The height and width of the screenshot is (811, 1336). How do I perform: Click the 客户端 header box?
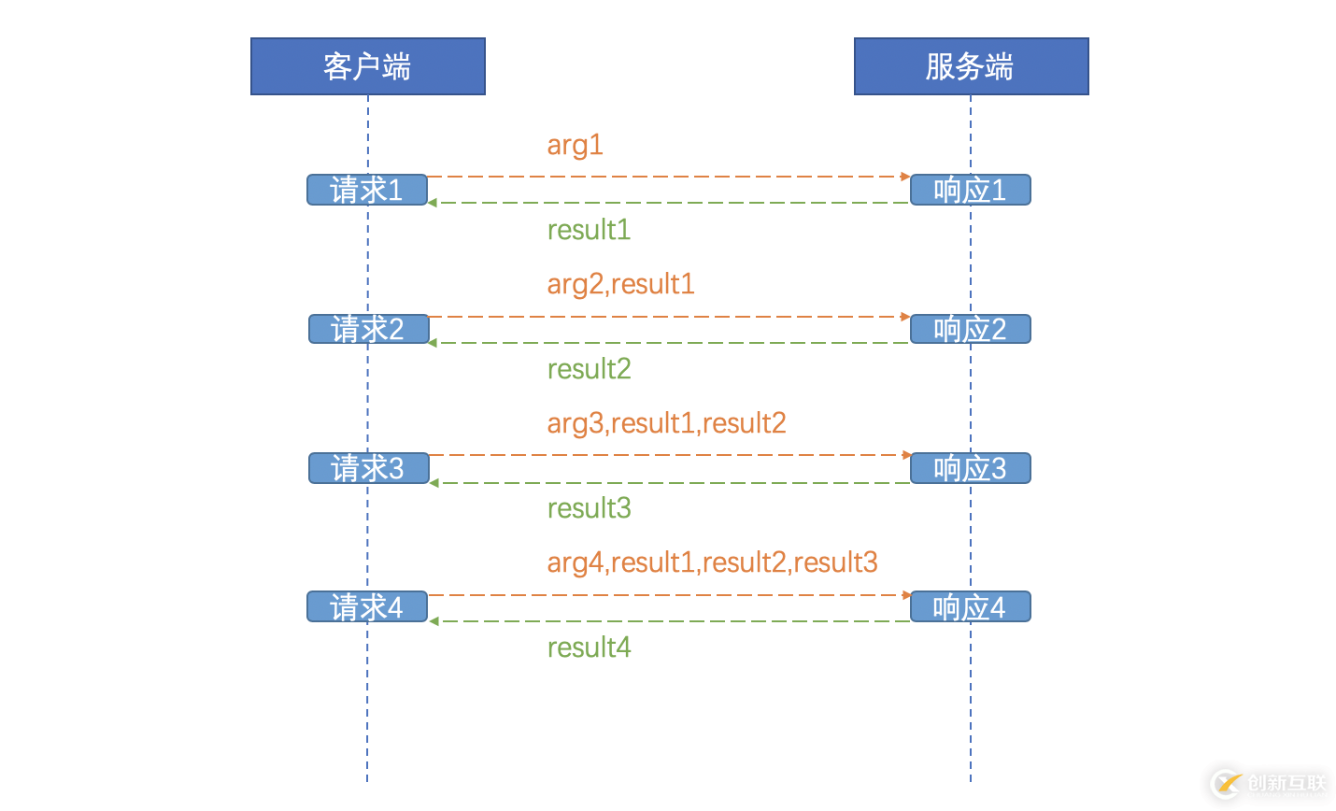click(367, 66)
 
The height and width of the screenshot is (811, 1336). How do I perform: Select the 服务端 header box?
click(971, 66)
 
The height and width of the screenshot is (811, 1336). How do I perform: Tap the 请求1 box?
click(367, 190)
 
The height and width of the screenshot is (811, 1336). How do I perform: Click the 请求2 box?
click(368, 329)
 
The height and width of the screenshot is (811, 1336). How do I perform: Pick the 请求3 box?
click(368, 468)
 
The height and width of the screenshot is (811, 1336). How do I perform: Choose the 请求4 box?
click(367, 607)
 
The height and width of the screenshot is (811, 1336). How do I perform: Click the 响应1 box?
click(971, 190)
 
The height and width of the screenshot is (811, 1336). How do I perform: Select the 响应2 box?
click(971, 329)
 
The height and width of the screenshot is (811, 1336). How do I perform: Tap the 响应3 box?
click(971, 468)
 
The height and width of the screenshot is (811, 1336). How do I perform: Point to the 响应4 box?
click(971, 607)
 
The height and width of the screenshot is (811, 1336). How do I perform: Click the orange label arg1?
click(575, 146)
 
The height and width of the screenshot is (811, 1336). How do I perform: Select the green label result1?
click(589, 230)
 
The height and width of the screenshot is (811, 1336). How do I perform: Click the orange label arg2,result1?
click(620, 284)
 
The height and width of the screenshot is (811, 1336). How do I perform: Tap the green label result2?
click(589, 369)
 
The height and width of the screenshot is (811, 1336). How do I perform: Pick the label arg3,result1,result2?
click(666, 423)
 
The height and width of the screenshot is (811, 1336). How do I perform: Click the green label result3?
click(589, 508)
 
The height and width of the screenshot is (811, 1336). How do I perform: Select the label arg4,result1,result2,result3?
click(712, 562)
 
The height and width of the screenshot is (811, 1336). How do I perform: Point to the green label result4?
click(589, 647)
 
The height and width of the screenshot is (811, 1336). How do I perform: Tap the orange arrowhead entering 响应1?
click(905, 176)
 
